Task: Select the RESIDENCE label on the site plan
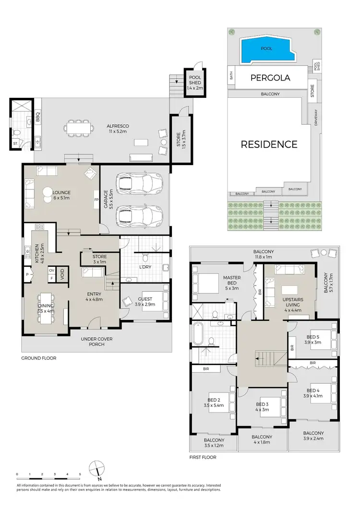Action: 269,144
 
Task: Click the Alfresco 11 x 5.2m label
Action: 118,129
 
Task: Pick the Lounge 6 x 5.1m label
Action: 61,195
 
